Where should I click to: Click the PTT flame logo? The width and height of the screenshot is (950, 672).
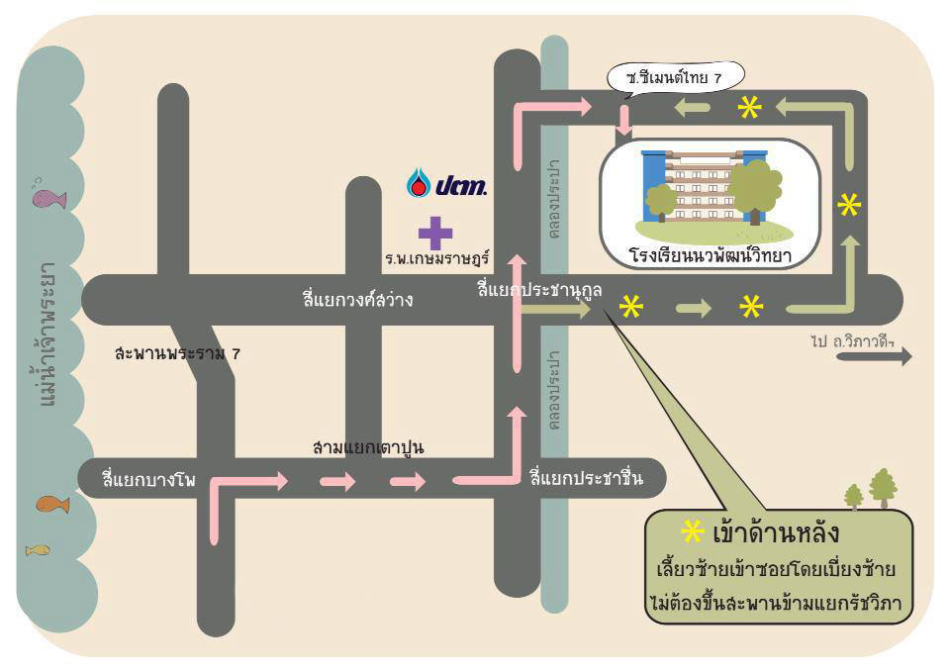(418, 182)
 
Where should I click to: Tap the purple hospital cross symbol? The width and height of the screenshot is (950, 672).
(435, 233)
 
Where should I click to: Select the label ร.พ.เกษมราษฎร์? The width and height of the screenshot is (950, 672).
(436, 258)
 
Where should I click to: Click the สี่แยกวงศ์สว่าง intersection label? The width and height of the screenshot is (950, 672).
(357, 298)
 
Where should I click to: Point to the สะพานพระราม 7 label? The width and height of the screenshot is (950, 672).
(177, 352)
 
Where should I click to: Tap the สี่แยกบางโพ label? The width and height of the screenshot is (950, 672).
(148, 479)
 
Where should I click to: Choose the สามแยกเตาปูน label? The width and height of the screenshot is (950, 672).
(368, 447)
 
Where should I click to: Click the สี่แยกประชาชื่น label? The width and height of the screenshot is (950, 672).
(586, 477)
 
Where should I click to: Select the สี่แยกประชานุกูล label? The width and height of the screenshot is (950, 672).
(539, 289)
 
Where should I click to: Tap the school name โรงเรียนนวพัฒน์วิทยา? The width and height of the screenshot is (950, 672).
(711, 255)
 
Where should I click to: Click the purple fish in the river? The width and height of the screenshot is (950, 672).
(48, 198)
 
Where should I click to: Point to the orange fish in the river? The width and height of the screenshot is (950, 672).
(52, 504)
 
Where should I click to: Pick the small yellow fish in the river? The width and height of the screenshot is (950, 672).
(38, 550)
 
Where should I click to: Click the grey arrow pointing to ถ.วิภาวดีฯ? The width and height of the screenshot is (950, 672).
(874, 356)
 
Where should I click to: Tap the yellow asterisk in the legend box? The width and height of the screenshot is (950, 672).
(692, 532)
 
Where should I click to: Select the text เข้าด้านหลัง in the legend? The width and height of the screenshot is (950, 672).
(776, 533)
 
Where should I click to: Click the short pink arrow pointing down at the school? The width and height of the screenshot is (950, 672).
(623, 121)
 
